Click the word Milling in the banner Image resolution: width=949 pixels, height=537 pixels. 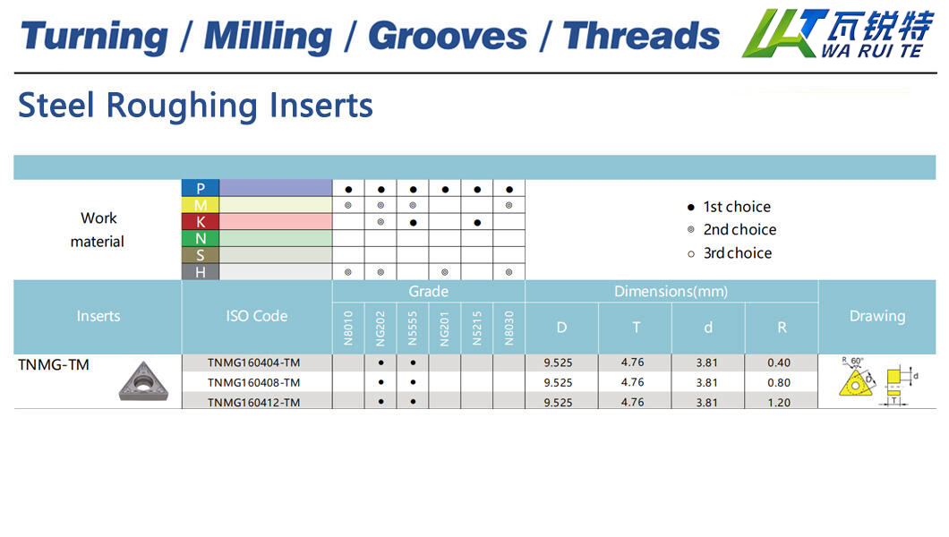(268, 37)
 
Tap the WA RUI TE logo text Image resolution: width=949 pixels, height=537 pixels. (871, 51)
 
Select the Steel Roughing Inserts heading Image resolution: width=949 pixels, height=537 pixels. (195, 106)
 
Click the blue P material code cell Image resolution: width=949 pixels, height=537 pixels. (201, 188)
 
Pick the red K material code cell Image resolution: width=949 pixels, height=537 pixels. (201, 222)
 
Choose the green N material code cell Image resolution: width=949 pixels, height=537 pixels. (201, 238)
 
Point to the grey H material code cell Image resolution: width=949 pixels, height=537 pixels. (201, 272)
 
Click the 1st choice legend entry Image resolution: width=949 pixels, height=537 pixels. (730, 207)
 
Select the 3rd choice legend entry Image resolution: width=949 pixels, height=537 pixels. (730, 253)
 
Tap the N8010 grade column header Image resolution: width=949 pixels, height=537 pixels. (348, 328)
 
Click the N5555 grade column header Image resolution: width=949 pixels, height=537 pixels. (413, 328)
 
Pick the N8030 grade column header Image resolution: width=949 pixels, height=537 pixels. (509, 328)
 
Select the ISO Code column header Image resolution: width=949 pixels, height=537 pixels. (257, 316)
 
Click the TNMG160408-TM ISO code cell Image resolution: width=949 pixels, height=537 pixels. (253, 382)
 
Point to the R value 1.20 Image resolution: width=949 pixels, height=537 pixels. (779, 402)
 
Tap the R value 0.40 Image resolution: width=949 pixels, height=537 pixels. (779, 362)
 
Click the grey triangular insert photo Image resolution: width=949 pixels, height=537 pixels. (143, 381)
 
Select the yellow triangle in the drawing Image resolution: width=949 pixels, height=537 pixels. (855, 383)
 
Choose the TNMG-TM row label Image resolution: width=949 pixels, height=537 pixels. (54, 364)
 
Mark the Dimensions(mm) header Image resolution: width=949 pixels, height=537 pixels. (671, 292)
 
